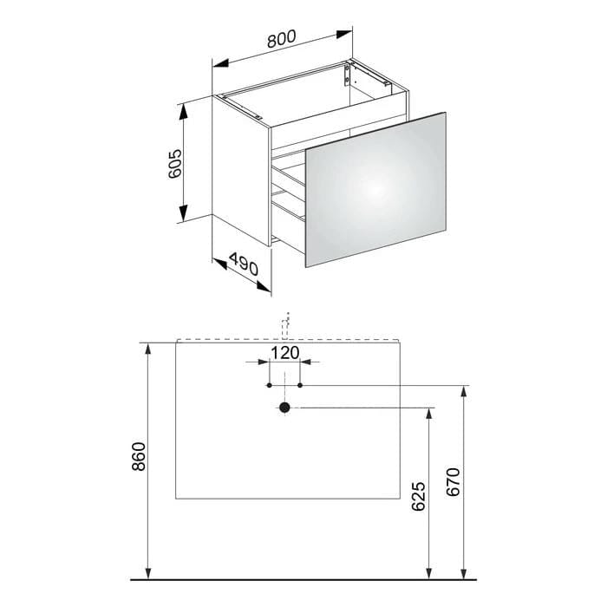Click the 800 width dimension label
[x=282, y=38]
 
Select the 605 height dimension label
[x=175, y=163]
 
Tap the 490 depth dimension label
[x=244, y=264]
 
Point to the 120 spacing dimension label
[x=285, y=353]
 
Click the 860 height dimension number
[x=139, y=456]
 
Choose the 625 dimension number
[x=418, y=496]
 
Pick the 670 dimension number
[x=454, y=482]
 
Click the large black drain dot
[x=284, y=408]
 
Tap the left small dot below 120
[x=269, y=385]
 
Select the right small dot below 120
[x=300, y=385]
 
